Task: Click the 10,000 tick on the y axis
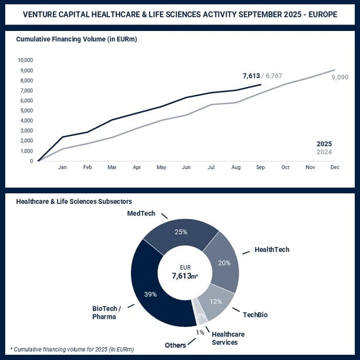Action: pos(25,60)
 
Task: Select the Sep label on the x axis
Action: pos(260,167)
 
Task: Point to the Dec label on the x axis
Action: pos(335,167)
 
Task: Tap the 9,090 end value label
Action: pos(340,77)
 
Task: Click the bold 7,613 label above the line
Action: pos(251,76)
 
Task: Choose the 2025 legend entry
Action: pos(324,144)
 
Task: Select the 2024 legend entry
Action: pos(324,152)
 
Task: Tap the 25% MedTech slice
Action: pos(181,232)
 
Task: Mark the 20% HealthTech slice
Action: pos(224,262)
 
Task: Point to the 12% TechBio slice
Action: pos(216,301)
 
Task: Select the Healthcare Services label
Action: pos(228,338)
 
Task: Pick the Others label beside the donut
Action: pos(175,345)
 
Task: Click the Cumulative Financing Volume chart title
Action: pos(76,40)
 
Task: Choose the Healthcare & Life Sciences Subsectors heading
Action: pos(74,201)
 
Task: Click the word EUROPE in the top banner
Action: pos(320,13)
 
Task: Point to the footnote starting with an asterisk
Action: pos(72,350)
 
